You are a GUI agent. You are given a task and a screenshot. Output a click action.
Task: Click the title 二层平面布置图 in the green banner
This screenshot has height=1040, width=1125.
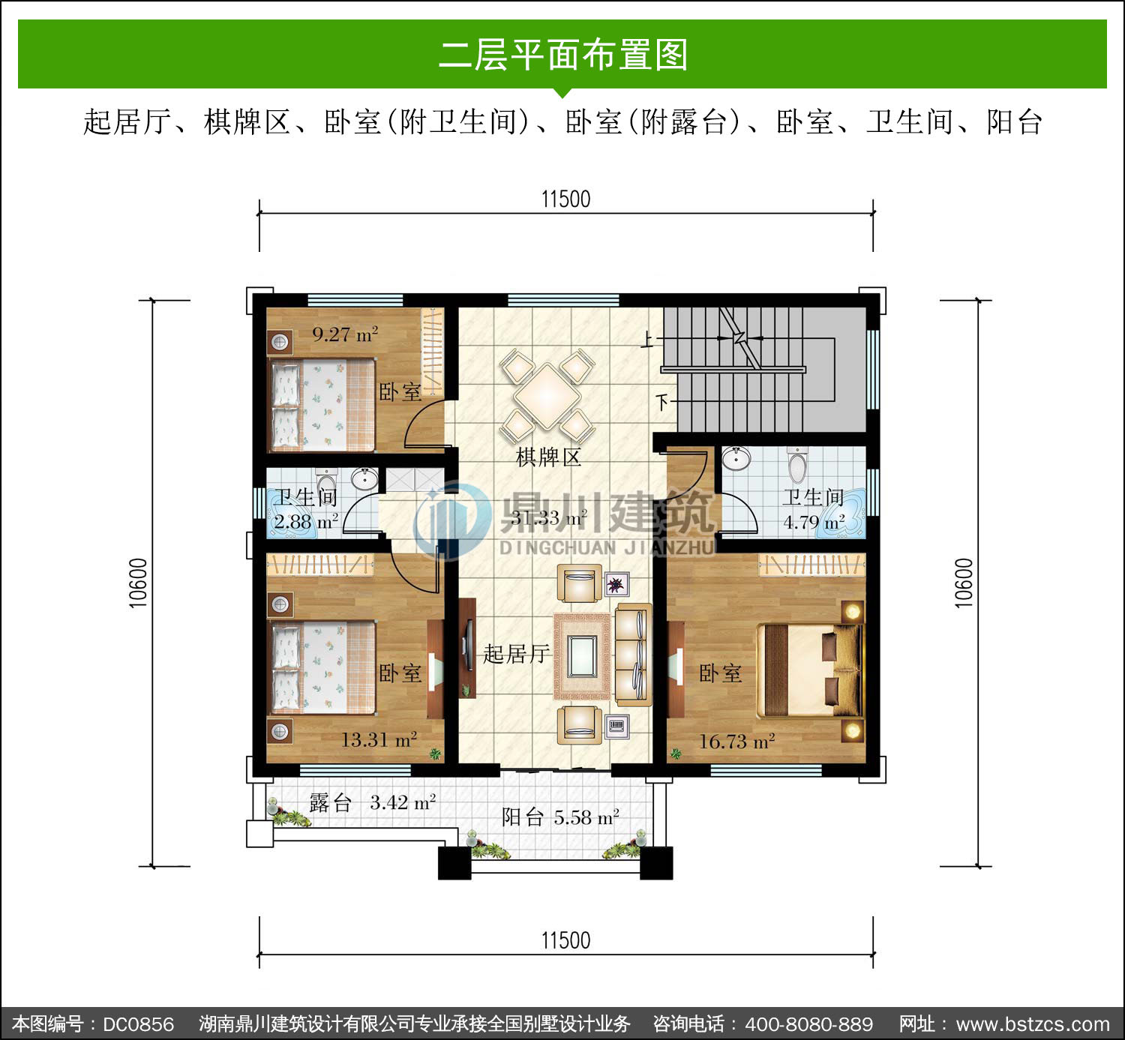coord(563,55)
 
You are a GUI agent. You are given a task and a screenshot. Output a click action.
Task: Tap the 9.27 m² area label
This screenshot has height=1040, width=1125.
coord(345,334)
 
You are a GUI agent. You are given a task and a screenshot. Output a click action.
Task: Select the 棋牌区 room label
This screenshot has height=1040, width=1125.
coord(548,457)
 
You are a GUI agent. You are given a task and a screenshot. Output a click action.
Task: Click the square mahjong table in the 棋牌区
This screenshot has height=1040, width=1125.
coord(547,396)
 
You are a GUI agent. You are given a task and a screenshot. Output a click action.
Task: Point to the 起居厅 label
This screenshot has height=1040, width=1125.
coord(516,654)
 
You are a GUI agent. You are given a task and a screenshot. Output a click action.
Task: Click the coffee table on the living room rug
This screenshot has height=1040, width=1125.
coord(582,656)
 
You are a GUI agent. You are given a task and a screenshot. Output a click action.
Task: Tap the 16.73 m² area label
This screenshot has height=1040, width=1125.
coord(736,742)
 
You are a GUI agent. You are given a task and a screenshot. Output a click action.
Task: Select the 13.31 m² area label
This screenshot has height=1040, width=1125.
coord(379,740)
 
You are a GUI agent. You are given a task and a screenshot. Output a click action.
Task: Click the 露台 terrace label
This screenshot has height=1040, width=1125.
coord(330,802)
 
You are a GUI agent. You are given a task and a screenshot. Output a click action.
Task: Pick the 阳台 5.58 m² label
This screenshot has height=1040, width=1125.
coord(560,817)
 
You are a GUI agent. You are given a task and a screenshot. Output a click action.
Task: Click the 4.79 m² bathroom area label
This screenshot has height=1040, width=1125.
coord(814,522)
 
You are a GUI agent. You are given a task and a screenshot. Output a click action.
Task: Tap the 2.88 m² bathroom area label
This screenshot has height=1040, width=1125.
coord(307,521)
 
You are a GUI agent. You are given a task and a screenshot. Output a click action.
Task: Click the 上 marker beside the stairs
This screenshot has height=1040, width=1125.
coord(647,340)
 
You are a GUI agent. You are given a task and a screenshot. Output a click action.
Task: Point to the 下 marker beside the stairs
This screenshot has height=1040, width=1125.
coord(663,403)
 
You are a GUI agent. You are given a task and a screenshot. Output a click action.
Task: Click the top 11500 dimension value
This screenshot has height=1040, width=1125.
coord(566,199)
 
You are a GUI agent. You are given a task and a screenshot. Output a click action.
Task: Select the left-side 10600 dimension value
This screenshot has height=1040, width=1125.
coord(139,583)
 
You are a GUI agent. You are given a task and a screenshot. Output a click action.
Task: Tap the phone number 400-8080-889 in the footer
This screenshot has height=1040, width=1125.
coord(809,1024)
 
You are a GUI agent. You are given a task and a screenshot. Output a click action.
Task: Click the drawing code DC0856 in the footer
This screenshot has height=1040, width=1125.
coord(138,1024)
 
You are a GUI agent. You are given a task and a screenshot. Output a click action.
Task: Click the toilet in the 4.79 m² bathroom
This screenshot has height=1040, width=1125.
coord(797,464)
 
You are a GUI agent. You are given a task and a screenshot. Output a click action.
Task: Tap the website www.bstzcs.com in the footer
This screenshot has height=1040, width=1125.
coord(1033,1024)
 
